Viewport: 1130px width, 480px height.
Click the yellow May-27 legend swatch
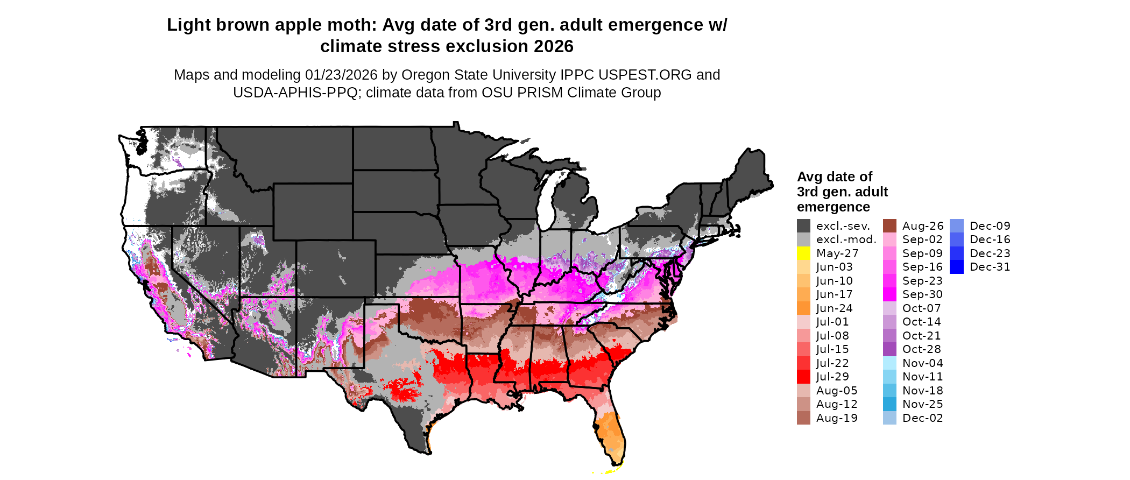[803, 253]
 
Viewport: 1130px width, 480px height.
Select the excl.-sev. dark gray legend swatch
[803, 226]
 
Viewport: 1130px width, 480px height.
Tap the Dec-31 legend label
[990, 267]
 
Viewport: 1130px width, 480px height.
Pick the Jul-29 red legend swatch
[803, 377]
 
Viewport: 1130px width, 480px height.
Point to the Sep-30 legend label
[922, 294]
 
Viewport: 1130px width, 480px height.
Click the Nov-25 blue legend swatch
[889, 404]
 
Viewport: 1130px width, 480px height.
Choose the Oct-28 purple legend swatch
[889, 349]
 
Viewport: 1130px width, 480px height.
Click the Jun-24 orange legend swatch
[803, 308]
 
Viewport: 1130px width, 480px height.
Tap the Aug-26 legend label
[922, 226]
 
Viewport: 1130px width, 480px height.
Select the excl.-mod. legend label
[846, 239]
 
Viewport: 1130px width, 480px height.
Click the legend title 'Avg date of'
[834, 177]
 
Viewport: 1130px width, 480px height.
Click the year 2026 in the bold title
[554, 47]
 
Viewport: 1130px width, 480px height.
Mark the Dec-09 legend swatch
[956, 226]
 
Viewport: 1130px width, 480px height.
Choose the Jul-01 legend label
[832, 322]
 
